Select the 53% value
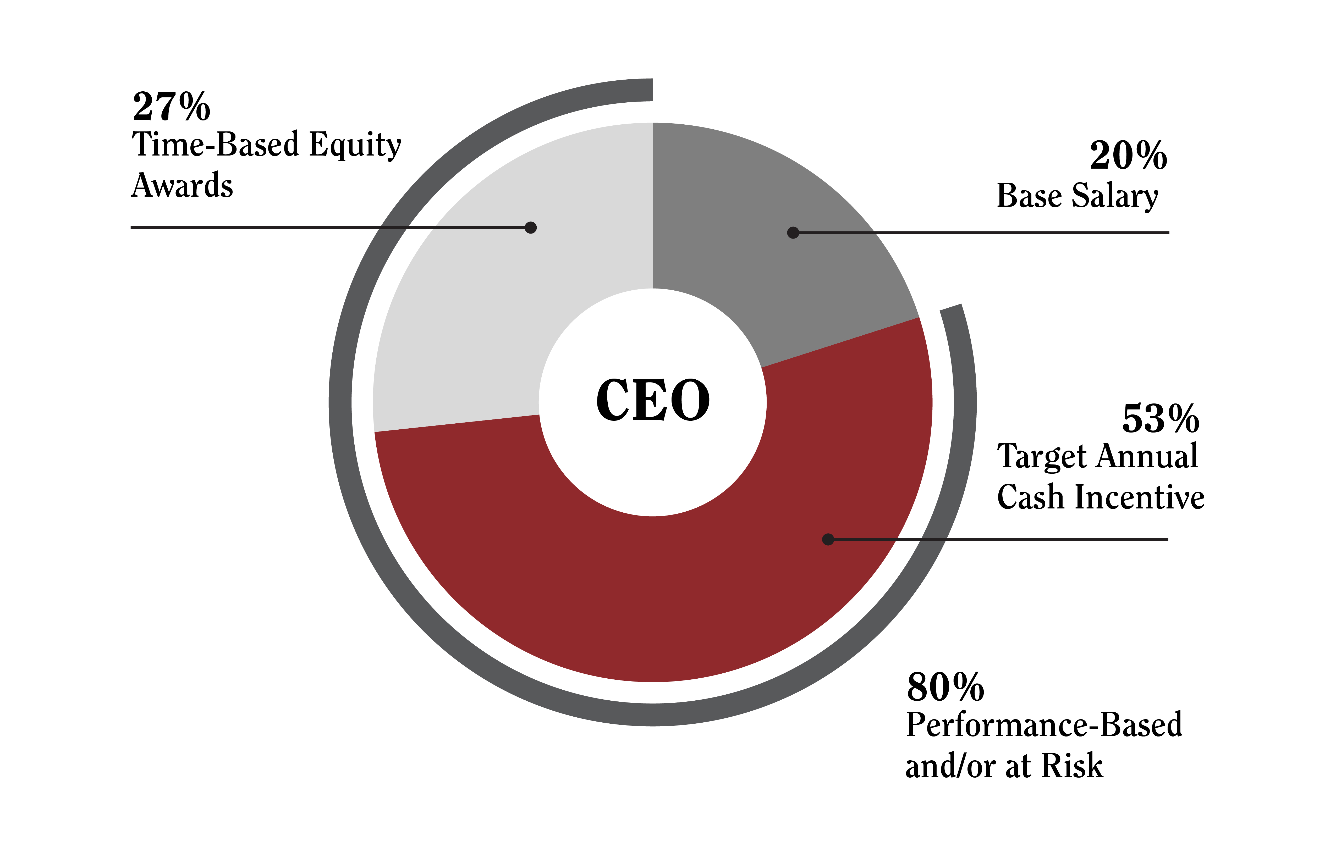coord(1160,419)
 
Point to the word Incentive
coord(1139,497)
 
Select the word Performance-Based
coord(1044,725)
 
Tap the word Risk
coord(1072,766)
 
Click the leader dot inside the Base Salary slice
coord(793,232)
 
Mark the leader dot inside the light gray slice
coord(530,227)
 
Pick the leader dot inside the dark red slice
coord(828,539)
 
